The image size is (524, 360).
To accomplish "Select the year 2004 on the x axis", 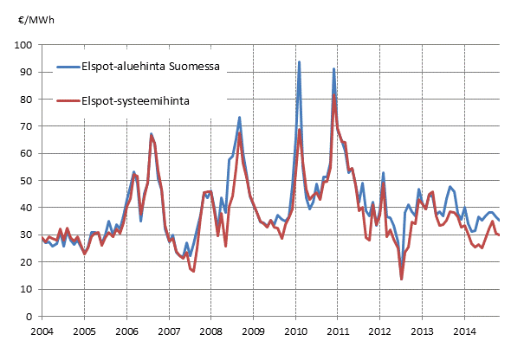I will (42, 331).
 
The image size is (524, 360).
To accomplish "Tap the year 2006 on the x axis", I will (126, 331).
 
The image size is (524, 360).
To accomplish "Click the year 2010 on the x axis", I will (295, 331).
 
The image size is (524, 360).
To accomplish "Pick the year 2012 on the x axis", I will (380, 331).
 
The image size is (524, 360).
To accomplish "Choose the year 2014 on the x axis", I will (465, 331).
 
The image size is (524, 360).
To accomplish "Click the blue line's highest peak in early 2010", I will (299, 62).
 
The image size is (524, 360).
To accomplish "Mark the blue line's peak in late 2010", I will (334, 69).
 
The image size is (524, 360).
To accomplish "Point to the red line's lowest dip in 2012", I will (402, 279).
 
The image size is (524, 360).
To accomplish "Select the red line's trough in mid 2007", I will (193, 271).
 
